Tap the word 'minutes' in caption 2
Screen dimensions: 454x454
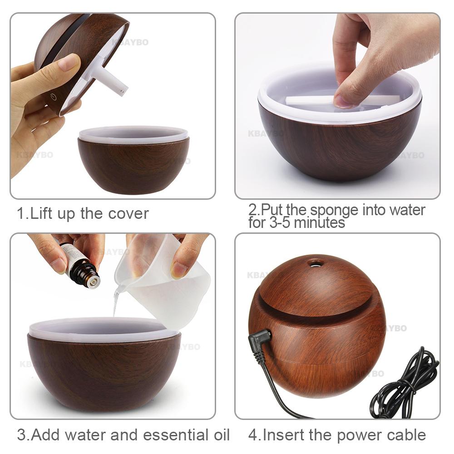(x=322, y=222)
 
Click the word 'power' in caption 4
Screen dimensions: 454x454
(x=350, y=434)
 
